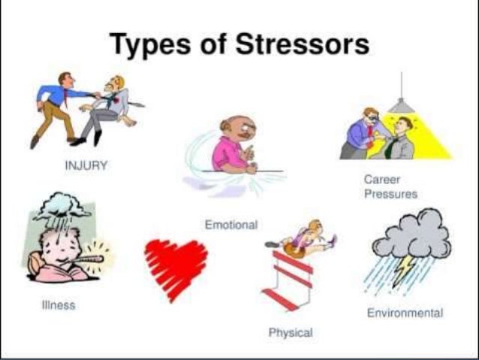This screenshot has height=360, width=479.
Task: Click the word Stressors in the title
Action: point(303,44)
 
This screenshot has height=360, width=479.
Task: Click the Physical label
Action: point(291,331)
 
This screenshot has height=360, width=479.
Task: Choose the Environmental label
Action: point(405,313)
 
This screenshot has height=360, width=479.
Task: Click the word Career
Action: point(381,180)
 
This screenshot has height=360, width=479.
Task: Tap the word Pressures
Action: point(390,193)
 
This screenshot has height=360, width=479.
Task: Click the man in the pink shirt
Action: point(230,146)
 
